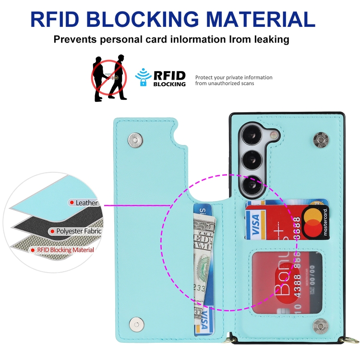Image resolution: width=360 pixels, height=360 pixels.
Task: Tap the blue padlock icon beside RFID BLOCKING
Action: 143,82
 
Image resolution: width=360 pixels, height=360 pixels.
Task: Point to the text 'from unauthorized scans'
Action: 225,84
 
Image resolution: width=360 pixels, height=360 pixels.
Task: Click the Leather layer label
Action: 86,203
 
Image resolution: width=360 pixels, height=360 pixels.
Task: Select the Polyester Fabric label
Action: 79,231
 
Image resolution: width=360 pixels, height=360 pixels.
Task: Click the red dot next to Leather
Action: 72,203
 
